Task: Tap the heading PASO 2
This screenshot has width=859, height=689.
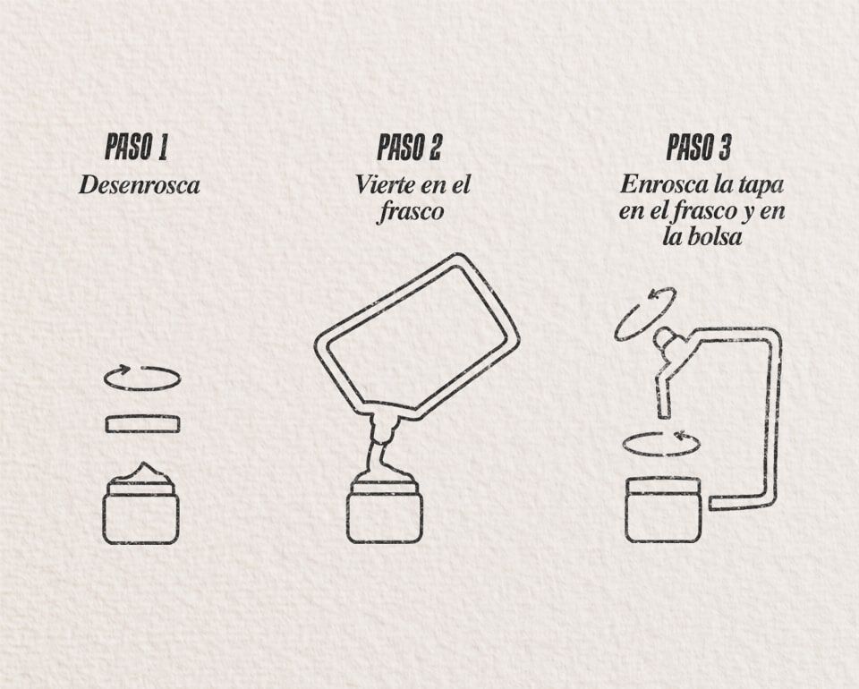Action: tap(409, 148)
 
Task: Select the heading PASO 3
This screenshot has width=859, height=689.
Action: tap(699, 148)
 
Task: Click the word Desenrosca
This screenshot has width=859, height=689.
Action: tap(139, 186)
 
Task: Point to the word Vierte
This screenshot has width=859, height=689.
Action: tap(386, 186)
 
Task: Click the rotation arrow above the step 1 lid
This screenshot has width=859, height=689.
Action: tap(142, 379)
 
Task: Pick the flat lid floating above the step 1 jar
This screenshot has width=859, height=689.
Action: tap(142, 424)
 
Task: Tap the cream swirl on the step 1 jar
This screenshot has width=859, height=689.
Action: tap(141, 475)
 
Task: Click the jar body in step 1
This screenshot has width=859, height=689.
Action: tap(141, 517)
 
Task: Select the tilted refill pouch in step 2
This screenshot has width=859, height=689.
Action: tap(417, 336)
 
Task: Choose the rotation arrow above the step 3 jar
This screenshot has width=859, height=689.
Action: tap(660, 443)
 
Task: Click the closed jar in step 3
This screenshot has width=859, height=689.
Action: tap(663, 510)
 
